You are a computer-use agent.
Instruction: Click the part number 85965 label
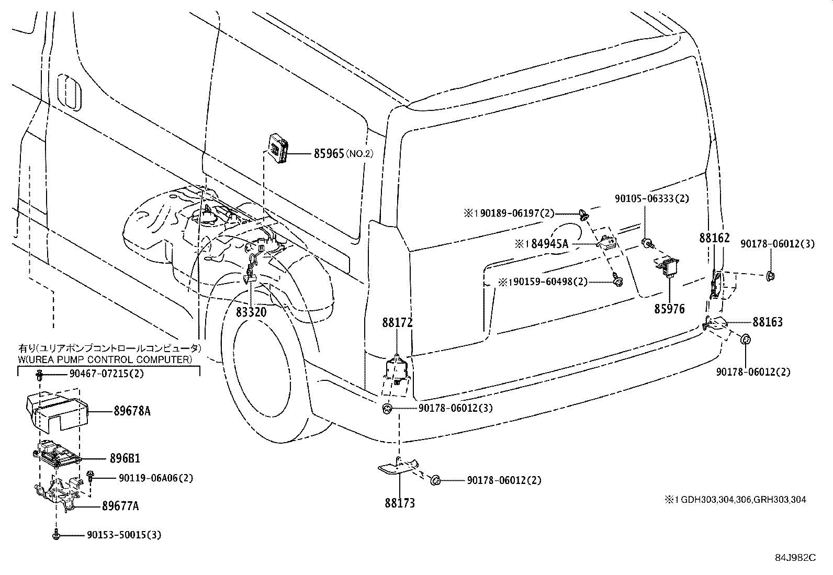(329, 154)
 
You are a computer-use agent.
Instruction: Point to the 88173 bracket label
(400, 503)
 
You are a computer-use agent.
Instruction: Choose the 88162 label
(714, 238)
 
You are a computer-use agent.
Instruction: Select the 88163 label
(768, 322)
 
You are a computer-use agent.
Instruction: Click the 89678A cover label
(132, 411)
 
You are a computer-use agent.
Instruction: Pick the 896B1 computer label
(125, 459)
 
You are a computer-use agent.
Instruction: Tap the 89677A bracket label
(120, 506)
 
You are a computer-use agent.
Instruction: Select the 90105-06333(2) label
(651, 199)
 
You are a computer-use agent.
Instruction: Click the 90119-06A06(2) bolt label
(148, 478)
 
